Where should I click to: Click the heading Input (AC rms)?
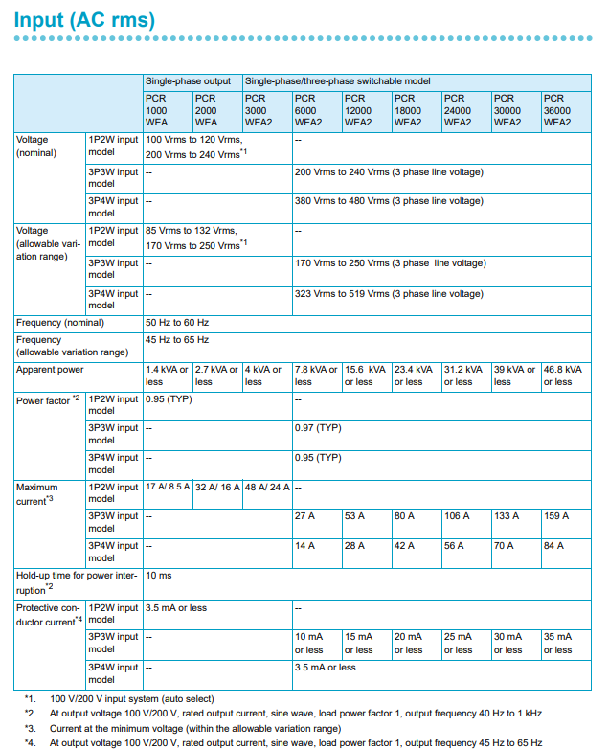pos(84,20)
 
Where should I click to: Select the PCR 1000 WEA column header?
pos(156,110)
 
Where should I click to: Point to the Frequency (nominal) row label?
pos(59,323)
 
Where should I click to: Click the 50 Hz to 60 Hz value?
pos(177,323)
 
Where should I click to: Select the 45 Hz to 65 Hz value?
pos(177,340)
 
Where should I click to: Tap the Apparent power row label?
pos(50,369)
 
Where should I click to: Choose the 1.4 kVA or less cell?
pos(166,375)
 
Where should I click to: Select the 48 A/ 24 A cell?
pos(264,487)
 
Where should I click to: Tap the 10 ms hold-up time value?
pos(158,577)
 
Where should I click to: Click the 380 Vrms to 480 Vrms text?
pos(389,202)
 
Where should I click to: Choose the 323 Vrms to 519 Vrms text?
pos(389,294)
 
